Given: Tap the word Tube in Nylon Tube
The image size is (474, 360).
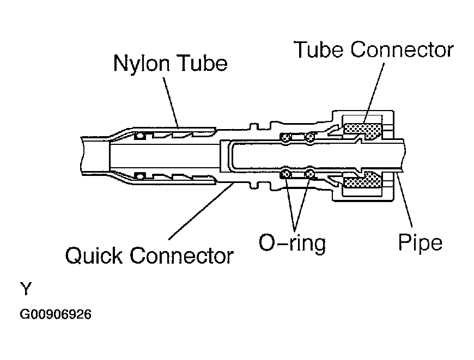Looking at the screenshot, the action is (x=203, y=63).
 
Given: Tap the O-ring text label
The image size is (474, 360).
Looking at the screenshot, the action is (x=292, y=243).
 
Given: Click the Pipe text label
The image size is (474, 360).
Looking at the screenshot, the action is (x=420, y=242).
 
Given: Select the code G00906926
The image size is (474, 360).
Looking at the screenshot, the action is (x=56, y=314).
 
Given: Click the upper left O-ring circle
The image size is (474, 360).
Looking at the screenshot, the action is (x=285, y=138).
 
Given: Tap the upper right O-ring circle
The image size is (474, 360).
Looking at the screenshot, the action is (x=310, y=138).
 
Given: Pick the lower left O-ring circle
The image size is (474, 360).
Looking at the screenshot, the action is (x=285, y=174).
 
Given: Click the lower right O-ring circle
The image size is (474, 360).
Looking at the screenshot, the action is (x=309, y=174).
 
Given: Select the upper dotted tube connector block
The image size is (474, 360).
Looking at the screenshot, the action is (x=362, y=130).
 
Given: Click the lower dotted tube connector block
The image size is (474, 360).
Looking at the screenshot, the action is (x=363, y=180).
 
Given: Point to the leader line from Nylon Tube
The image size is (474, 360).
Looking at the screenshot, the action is (x=171, y=103).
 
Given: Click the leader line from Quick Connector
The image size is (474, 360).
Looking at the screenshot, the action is (x=200, y=211).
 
